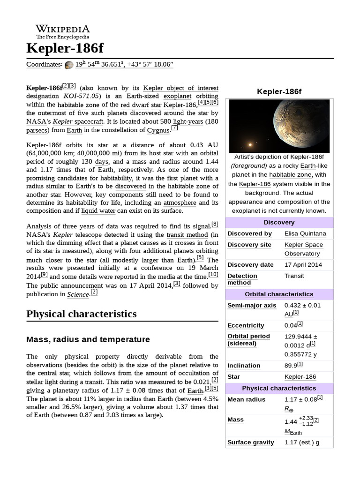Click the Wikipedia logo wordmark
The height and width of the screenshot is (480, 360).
click(x=63, y=29)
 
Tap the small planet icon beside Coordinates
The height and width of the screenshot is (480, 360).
click(x=69, y=65)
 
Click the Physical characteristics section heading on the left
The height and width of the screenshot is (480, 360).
click(x=82, y=313)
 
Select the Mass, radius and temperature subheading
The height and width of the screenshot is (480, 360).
click(x=88, y=339)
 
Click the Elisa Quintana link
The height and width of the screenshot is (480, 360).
click(x=305, y=233)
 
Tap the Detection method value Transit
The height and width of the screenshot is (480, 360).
click(x=294, y=276)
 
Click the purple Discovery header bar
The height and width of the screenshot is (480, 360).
click(x=279, y=222)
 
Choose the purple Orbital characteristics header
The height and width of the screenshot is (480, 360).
click(x=279, y=294)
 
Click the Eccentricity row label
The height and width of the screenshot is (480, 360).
click(x=246, y=325)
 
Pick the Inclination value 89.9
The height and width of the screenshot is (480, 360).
click(x=291, y=366)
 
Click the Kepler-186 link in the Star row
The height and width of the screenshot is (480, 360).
click(x=300, y=377)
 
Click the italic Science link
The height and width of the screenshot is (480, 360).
click(x=78, y=294)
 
